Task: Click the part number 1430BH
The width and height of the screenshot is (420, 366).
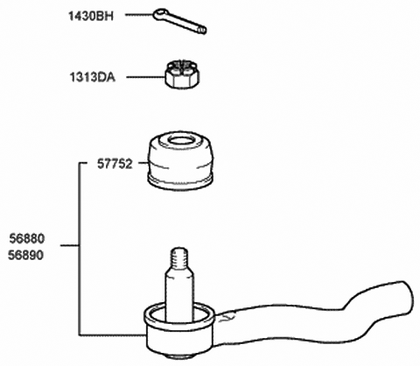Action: (91, 16)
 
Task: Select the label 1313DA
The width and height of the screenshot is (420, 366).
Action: (92, 77)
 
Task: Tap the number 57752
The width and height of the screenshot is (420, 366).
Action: (115, 164)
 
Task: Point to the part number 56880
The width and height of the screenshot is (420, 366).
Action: (27, 239)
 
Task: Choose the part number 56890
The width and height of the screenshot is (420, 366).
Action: (25, 256)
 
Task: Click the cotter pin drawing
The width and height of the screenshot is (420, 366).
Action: (179, 21)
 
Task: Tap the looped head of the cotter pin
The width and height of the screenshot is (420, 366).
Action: (160, 15)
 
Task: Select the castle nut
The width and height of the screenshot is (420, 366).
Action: (183, 74)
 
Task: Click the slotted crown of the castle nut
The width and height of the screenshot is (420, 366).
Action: (183, 66)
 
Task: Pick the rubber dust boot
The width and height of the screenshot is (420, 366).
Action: (181, 161)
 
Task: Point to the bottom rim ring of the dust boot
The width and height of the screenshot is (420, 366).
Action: (181, 182)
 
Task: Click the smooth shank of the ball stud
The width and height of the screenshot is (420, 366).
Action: (179, 295)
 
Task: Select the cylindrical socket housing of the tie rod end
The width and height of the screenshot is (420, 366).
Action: (179, 331)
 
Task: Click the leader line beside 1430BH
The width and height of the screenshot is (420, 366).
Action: (139, 14)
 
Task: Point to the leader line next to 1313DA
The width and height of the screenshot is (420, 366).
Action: (145, 77)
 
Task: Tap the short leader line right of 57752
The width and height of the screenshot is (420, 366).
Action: (143, 164)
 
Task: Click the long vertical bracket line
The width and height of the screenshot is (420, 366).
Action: (80, 249)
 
